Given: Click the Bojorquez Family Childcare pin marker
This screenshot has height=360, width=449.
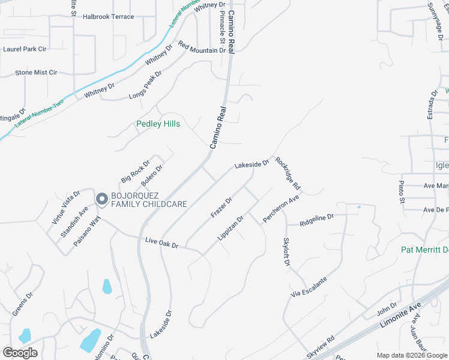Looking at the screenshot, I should (x=101, y=199).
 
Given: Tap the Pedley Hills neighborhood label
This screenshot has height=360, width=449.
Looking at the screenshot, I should (x=158, y=125).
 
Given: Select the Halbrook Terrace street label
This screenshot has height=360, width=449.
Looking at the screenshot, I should (x=108, y=17).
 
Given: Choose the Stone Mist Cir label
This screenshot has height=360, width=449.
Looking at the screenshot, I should (x=36, y=73).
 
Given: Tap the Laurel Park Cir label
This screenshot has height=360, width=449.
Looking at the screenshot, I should (x=25, y=49).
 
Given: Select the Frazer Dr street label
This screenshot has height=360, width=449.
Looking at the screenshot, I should (x=221, y=208).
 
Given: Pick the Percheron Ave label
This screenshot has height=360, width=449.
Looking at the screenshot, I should (x=281, y=208).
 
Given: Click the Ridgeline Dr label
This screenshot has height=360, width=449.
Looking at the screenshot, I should (x=316, y=220).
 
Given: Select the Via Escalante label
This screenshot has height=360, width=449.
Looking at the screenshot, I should (x=309, y=287).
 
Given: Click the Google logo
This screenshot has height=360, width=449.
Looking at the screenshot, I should (x=20, y=353).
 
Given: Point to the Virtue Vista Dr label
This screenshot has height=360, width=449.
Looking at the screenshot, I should (x=66, y=206).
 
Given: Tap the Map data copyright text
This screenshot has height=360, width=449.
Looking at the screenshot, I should (x=412, y=355).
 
